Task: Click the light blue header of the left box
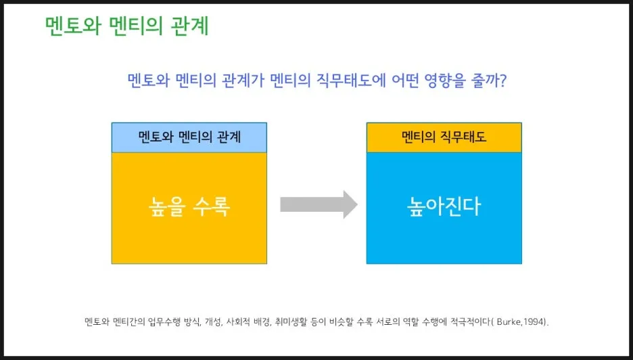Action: tap(189, 137)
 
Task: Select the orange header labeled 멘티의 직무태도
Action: tap(444, 137)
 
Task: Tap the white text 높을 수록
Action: tap(189, 206)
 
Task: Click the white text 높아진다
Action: tap(444, 206)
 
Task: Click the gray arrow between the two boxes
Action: tap(318, 204)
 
